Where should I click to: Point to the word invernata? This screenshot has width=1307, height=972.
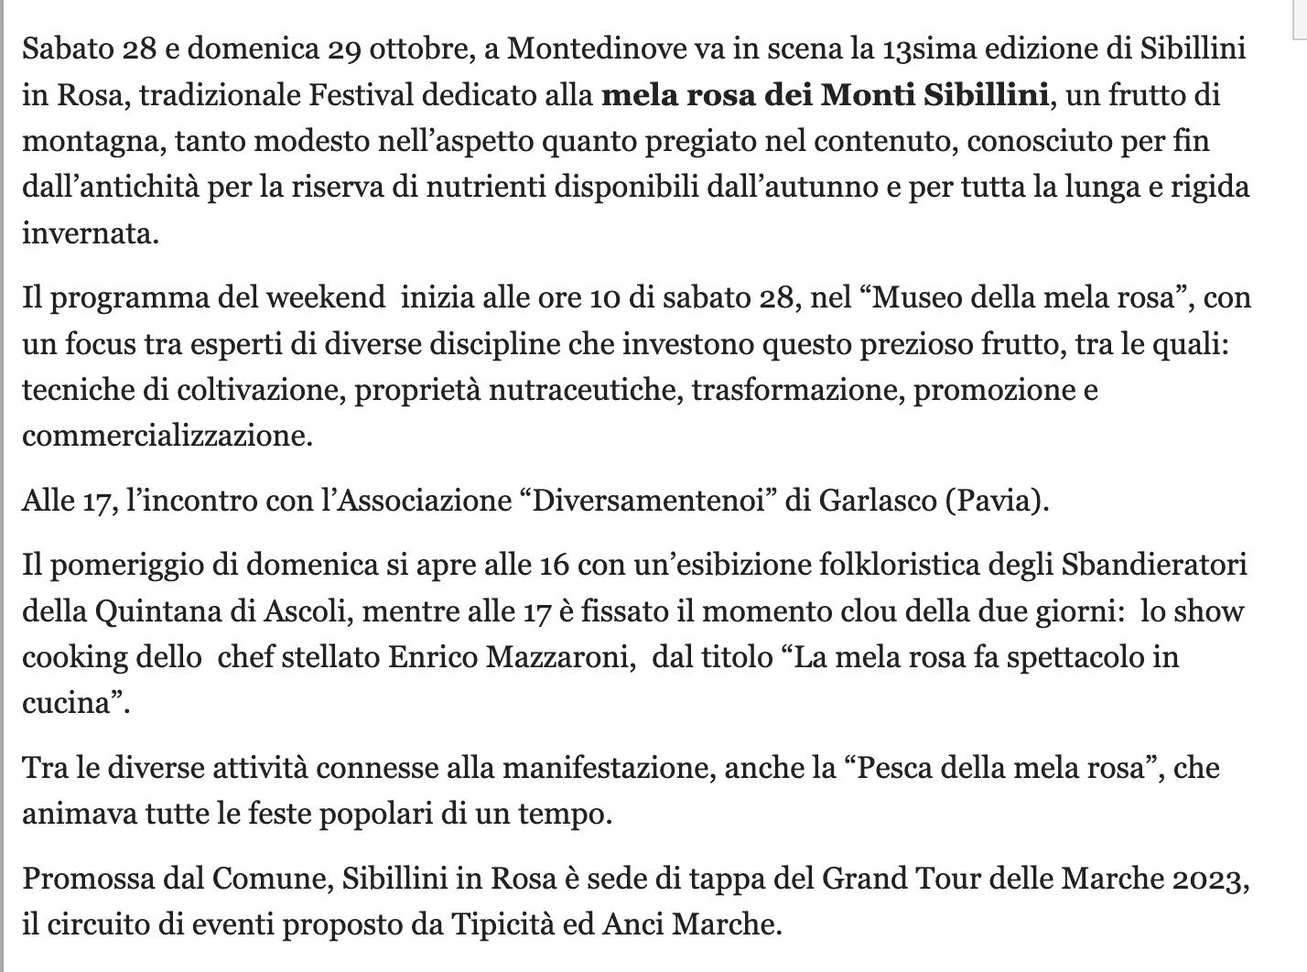[90, 233]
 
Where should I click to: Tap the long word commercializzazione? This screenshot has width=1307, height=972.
[167, 436]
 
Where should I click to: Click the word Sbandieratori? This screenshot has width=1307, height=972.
[1154, 565]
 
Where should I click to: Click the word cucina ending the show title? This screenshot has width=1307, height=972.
[70, 703]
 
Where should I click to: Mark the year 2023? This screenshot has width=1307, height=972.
[1205, 879]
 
